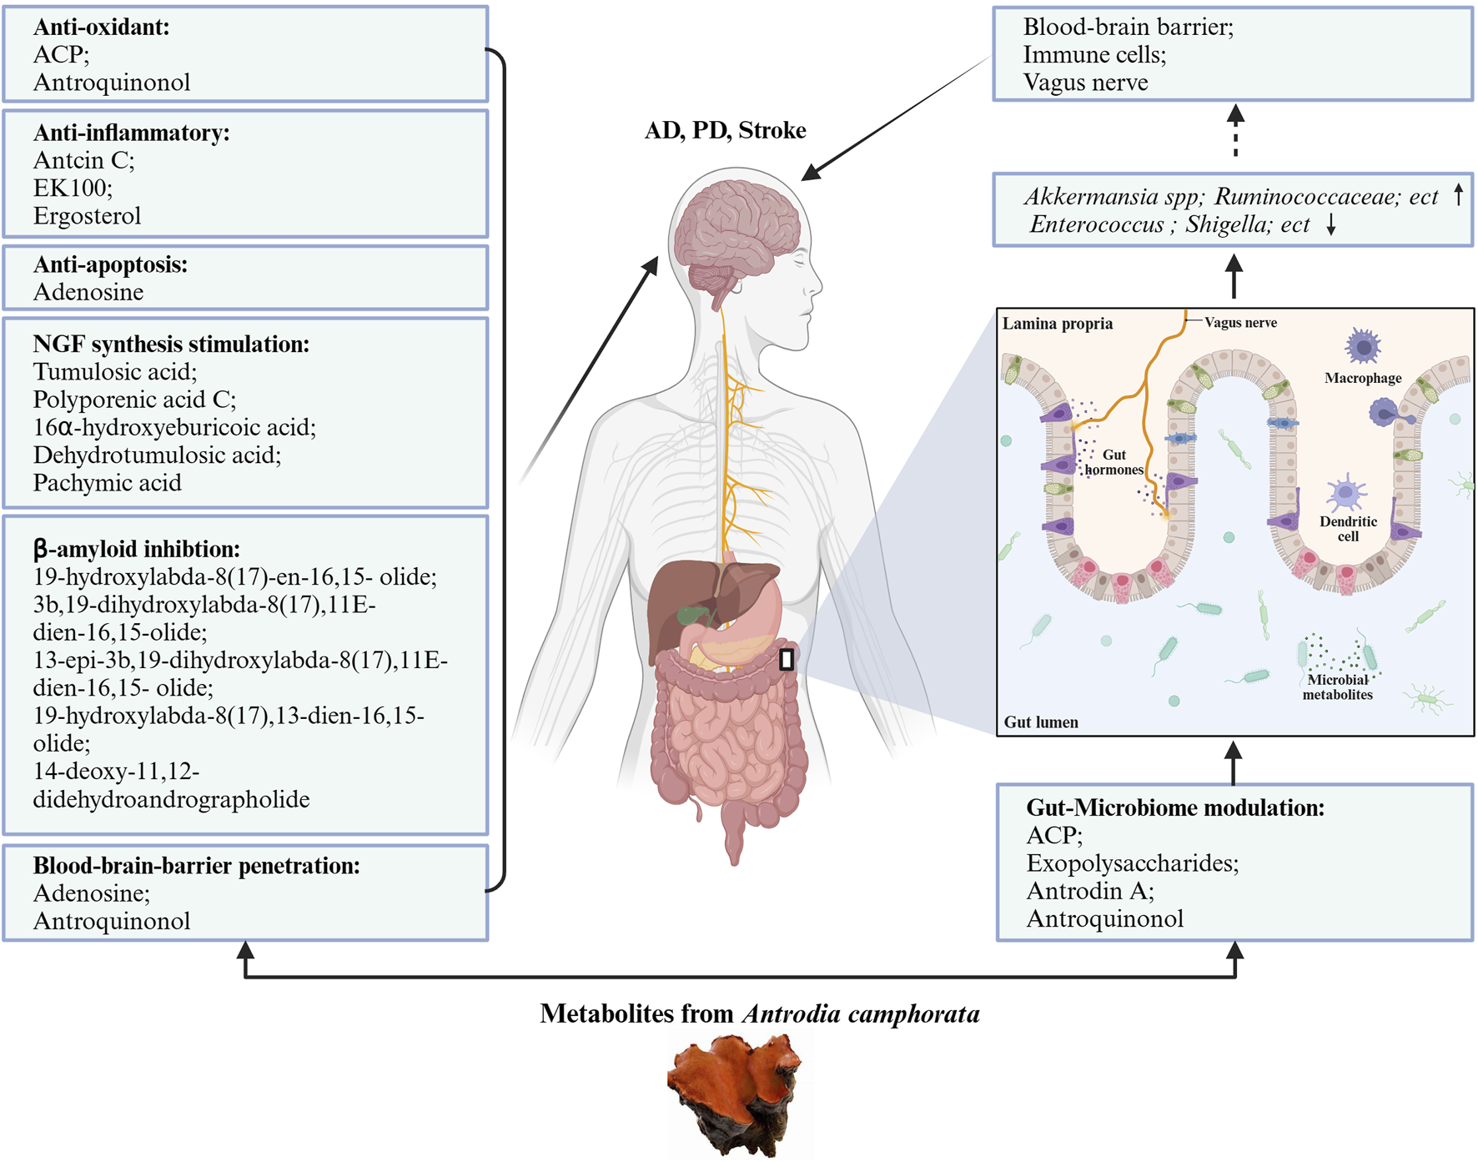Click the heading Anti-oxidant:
[x=101, y=27]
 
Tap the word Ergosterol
[x=87, y=216]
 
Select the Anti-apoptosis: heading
[x=110, y=264]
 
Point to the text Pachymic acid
[x=107, y=483]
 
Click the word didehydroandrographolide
[x=171, y=799]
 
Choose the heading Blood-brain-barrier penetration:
[x=196, y=866]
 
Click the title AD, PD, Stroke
[x=725, y=130]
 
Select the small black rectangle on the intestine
[x=786, y=660]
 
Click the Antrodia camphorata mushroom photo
[x=734, y=1093]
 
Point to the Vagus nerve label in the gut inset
[x=1240, y=323]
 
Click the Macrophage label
[x=1363, y=378]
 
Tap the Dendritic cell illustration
[x=1345, y=493]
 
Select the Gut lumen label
[x=1040, y=722]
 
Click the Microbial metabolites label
[x=1337, y=687]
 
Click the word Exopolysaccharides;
[x=1132, y=863]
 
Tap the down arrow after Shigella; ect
[x=1331, y=224]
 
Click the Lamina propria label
[x=1057, y=324]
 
